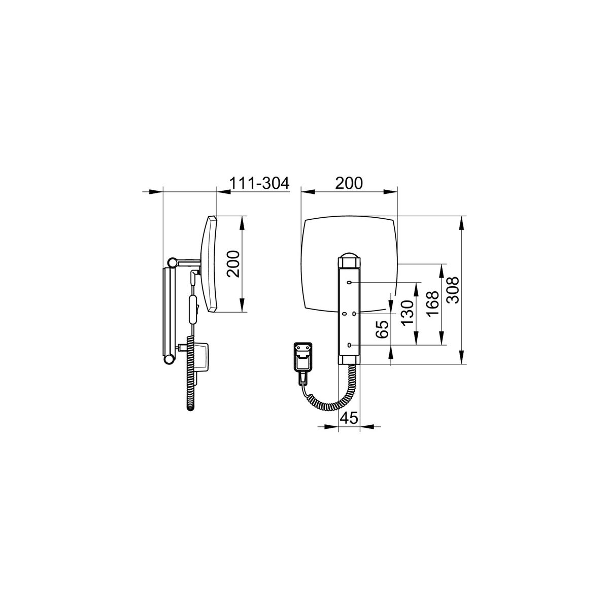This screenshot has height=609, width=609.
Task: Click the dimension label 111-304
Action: click(259, 183)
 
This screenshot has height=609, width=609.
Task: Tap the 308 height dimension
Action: click(454, 290)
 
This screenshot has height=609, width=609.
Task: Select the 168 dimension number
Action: click(432, 304)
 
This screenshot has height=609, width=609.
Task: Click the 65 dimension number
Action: click(383, 329)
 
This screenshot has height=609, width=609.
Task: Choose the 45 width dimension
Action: click(349, 418)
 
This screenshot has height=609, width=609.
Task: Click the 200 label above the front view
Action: click(349, 183)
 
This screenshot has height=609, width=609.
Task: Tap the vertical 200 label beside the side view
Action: click(233, 264)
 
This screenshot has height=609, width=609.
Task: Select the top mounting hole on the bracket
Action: click(349, 283)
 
